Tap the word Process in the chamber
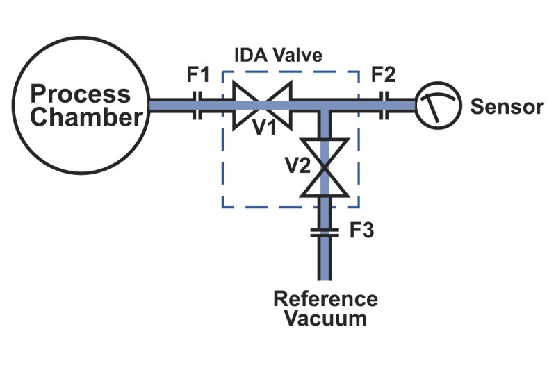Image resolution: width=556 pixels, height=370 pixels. pyautogui.click(x=81, y=94)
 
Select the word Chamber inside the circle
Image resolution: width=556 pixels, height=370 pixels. pyautogui.click(x=86, y=117)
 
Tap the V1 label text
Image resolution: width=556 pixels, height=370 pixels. pyautogui.click(x=263, y=127)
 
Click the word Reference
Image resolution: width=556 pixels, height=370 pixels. pyautogui.click(x=325, y=300)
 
